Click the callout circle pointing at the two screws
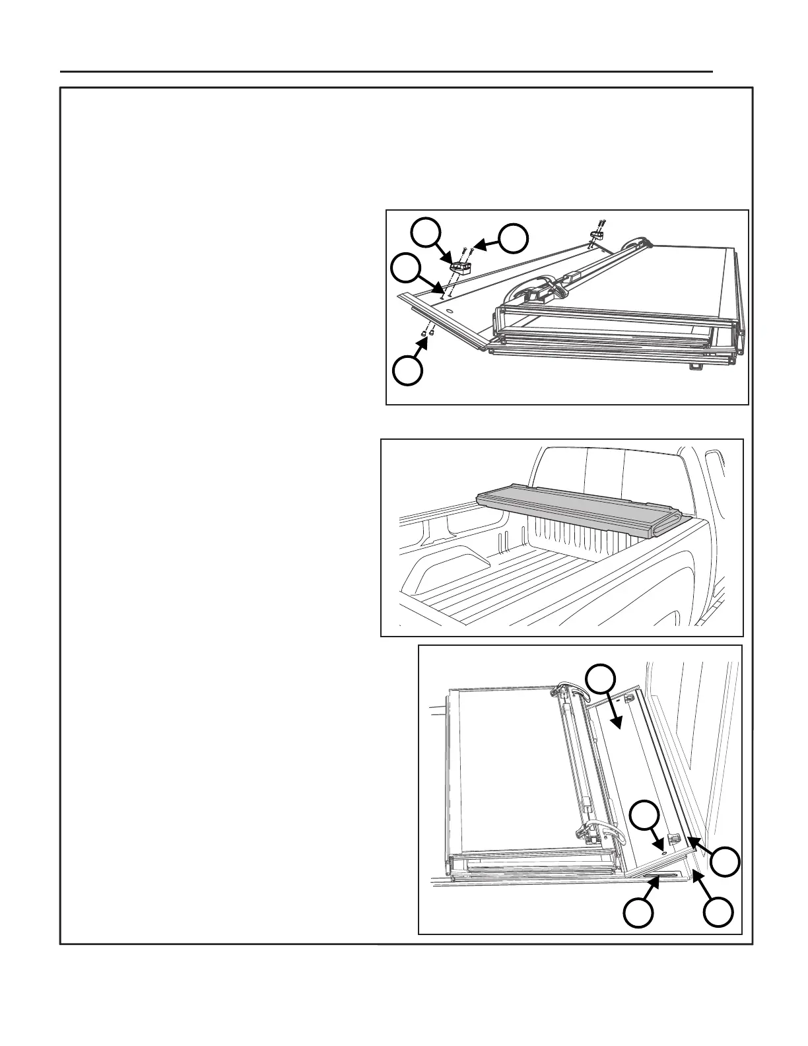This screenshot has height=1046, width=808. (x=512, y=239)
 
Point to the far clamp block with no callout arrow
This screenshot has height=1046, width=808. (x=597, y=234)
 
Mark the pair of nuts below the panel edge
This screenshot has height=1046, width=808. (x=426, y=335)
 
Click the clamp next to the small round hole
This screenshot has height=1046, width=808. (x=674, y=840)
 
